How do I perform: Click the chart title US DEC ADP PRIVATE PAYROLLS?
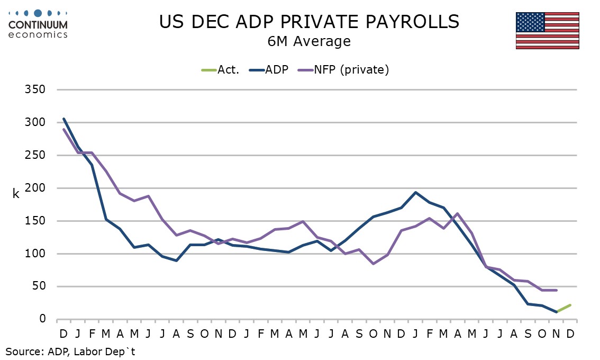coord(309,22)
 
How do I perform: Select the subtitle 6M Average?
coord(309,41)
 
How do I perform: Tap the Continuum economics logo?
coord(38,23)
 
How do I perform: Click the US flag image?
coord(547,31)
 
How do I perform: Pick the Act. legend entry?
coord(221,69)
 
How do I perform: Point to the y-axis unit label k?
coord(16,194)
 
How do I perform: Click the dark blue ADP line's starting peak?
coord(63,119)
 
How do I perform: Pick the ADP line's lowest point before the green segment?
coord(556,312)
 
